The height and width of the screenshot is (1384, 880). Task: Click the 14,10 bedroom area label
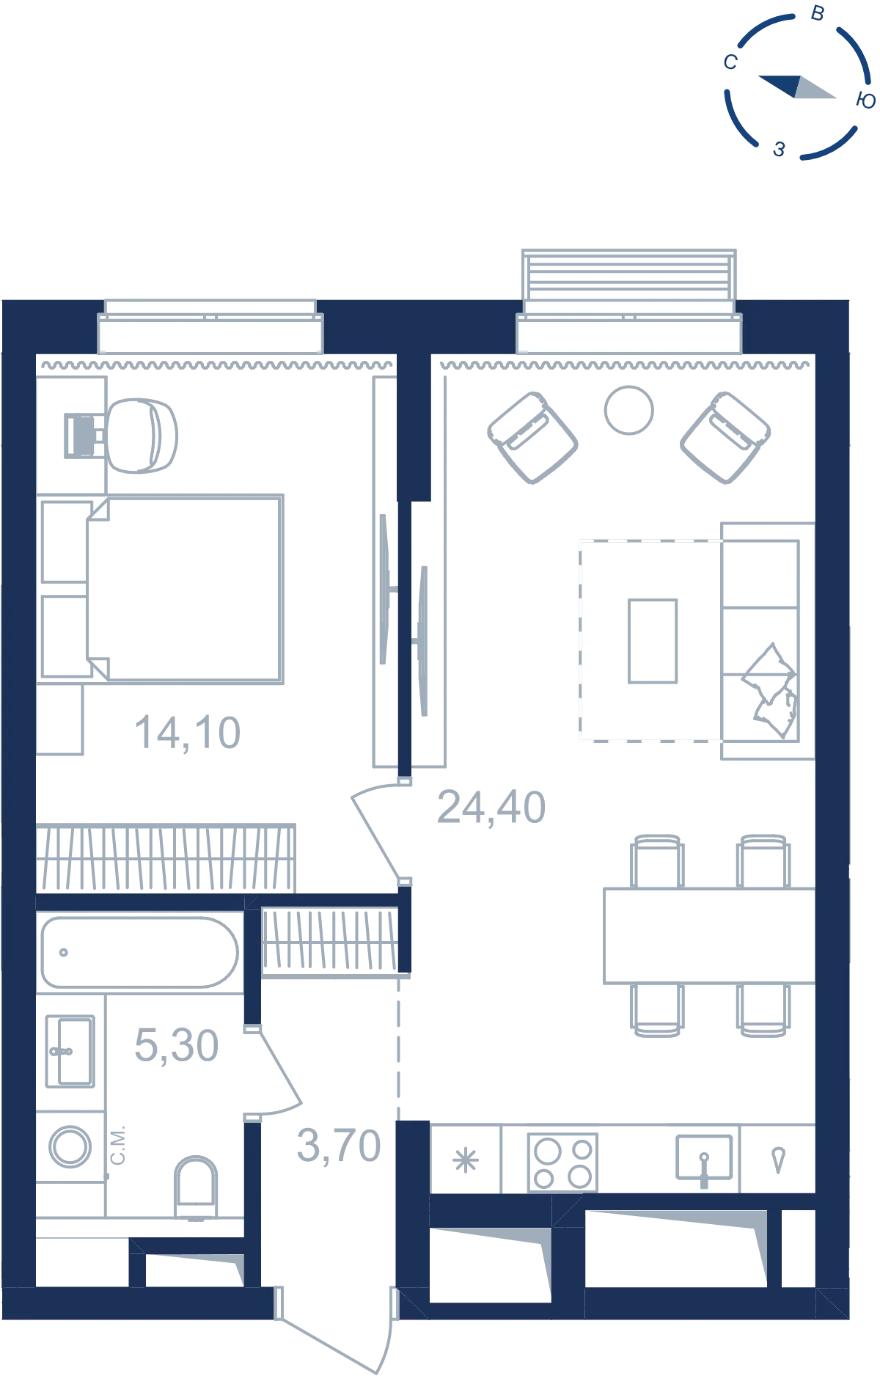click(x=188, y=733)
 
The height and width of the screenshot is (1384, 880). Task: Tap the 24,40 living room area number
click(x=491, y=808)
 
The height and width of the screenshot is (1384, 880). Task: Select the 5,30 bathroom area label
click(x=177, y=1045)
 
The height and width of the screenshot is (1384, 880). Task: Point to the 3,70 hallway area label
click(x=339, y=1146)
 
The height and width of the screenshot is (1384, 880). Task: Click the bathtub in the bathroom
click(x=139, y=952)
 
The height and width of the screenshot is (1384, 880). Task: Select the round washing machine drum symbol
click(x=70, y=1146)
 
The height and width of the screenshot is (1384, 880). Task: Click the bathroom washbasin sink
click(x=70, y=1051)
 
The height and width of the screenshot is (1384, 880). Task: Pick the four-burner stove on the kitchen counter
click(x=562, y=1163)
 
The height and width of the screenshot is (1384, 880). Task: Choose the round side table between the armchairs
click(x=628, y=411)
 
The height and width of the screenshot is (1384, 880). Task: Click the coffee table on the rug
click(x=653, y=641)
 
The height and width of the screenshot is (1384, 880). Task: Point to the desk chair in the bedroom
click(x=142, y=436)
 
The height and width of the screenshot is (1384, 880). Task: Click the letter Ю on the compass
click(x=866, y=100)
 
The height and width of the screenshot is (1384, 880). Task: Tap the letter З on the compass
click(x=780, y=150)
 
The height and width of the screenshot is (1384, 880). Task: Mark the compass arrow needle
click(x=797, y=87)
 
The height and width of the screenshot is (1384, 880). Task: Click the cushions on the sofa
click(x=770, y=691)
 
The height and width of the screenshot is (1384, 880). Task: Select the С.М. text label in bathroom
click(x=118, y=1145)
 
